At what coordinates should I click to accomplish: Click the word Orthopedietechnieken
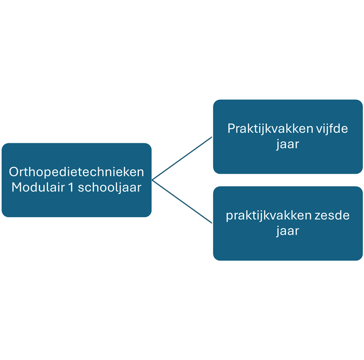[77, 172]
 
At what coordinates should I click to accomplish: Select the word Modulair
[38, 187]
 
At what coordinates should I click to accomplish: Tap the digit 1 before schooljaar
[71, 187]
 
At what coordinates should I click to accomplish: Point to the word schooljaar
[110, 188]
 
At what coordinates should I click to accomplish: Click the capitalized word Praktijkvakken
[271, 129]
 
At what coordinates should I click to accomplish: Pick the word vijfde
[332, 129]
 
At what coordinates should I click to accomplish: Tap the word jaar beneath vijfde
[287, 144]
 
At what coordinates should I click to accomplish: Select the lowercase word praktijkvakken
[269, 216]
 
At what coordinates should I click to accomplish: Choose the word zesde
[332, 216]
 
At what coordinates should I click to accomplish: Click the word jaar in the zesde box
[287, 231]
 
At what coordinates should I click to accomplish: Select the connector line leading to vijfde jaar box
[182, 159]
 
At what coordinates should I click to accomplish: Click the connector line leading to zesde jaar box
[182, 201]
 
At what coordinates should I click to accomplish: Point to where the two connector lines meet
[152, 180]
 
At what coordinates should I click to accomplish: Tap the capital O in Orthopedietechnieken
[14, 172]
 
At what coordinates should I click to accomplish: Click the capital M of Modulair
[17, 187]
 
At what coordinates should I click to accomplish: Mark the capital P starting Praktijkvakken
[232, 128]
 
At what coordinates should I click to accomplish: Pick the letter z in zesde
[318, 216]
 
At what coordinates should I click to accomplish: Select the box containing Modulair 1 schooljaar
[77, 180]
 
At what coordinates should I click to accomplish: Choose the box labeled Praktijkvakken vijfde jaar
[288, 137]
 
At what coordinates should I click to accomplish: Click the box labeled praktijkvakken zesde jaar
[288, 224]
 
